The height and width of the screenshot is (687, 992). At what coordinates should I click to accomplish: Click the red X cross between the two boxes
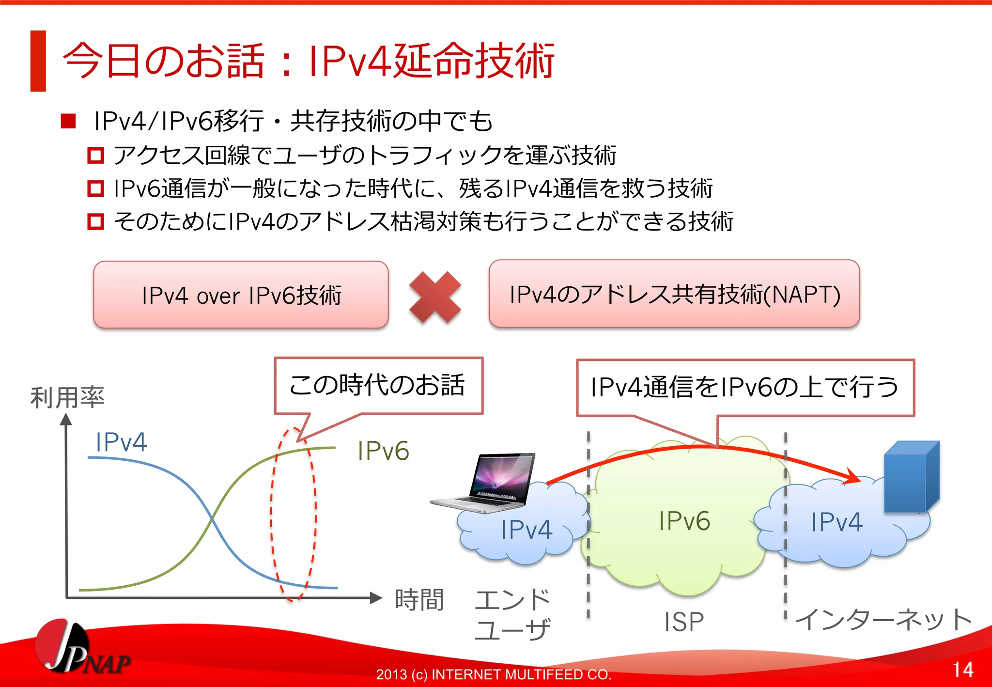click(x=435, y=297)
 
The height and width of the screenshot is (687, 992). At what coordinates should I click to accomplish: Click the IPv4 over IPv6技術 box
click(x=241, y=295)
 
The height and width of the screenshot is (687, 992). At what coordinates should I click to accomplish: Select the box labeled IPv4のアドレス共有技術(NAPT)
click(x=674, y=294)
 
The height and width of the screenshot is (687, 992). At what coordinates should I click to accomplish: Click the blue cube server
click(x=911, y=477)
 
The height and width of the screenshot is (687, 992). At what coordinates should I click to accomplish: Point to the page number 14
click(x=962, y=670)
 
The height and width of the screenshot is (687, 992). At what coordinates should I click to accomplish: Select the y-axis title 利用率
click(x=67, y=397)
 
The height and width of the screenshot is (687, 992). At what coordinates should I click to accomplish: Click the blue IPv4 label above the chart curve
click(x=121, y=442)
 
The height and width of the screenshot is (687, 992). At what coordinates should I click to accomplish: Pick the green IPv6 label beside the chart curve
click(x=383, y=451)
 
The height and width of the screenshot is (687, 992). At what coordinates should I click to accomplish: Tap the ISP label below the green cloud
click(x=683, y=622)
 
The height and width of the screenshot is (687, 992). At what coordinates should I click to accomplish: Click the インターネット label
click(x=883, y=620)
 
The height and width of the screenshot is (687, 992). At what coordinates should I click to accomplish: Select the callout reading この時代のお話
click(x=378, y=386)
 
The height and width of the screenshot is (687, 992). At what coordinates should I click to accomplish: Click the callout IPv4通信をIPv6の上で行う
click(x=744, y=388)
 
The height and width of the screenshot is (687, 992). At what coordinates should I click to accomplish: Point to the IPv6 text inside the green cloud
click(x=684, y=521)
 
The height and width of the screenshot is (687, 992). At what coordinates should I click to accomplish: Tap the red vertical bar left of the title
click(x=38, y=61)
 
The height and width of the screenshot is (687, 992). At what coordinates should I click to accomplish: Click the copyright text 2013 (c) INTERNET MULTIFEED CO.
click(x=494, y=674)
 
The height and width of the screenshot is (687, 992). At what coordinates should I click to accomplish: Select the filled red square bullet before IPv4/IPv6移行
click(x=68, y=121)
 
